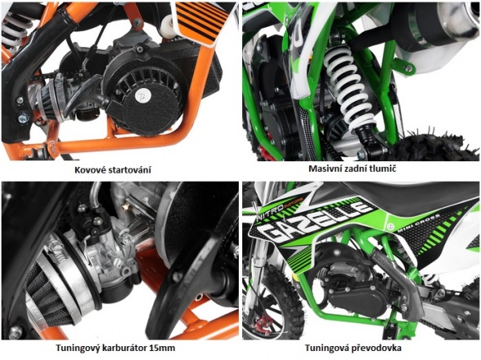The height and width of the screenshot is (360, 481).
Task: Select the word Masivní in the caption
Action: pyautogui.click(x=323, y=169)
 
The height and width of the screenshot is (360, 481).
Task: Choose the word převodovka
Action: pyautogui.click(x=382, y=348)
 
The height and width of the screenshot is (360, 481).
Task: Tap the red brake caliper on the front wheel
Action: pyautogui.click(x=264, y=323)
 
